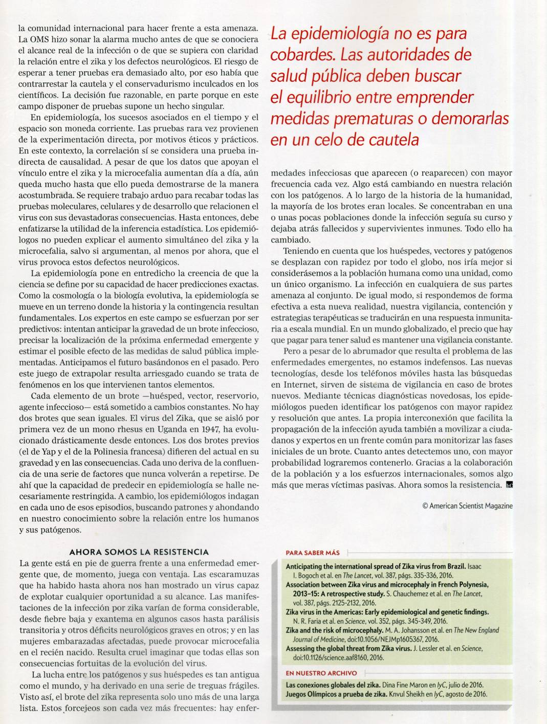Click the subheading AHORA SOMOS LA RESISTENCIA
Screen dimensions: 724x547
coord(139,552)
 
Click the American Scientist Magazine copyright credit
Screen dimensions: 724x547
coord(467,506)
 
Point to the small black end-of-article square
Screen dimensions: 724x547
coord(509,485)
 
